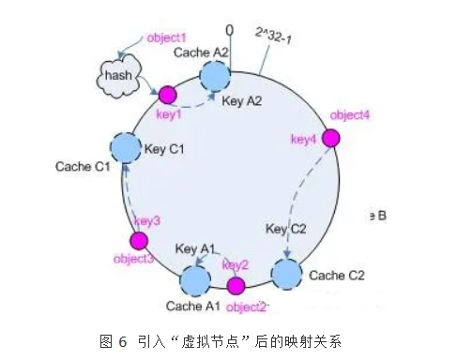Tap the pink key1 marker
click(x=167, y=95)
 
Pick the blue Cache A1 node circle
click(x=195, y=278)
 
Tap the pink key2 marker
click(x=236, y=285)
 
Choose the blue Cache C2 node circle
click(x=287, y=274)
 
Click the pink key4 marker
click(x=331, y=138)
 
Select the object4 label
click(x=350, y=115)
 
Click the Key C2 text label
click(x=286, y=228)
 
